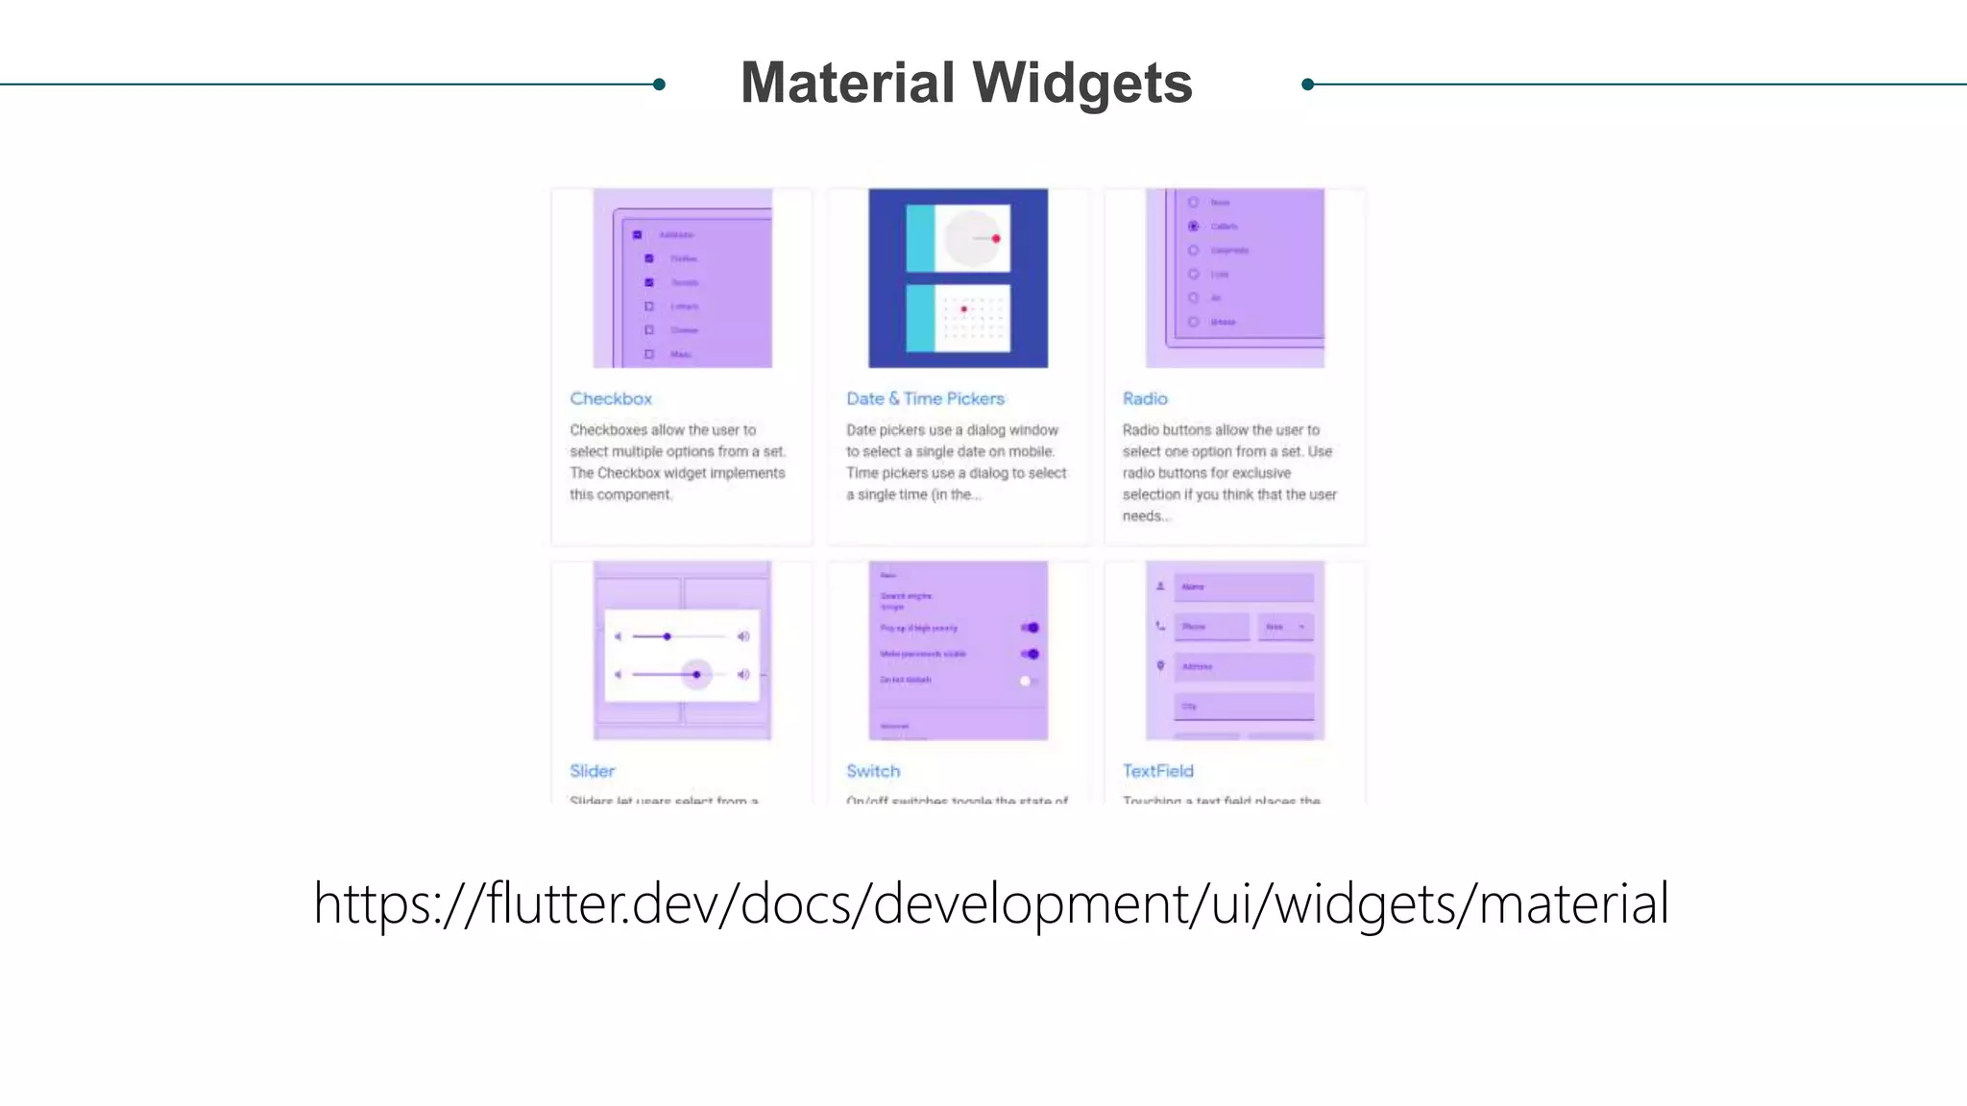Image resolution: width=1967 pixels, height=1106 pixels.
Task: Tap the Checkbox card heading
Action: pos(611,398)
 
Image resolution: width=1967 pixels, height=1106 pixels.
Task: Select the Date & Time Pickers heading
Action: pos(925,398)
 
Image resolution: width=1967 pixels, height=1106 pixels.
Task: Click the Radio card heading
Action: pos(1145,398)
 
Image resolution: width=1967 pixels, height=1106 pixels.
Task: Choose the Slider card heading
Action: pos(592,771)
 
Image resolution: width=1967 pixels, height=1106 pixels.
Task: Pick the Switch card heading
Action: pos(873,771)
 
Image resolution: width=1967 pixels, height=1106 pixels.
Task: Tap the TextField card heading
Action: pos(1157,771)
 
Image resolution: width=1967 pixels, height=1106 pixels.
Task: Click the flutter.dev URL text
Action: pos(991,903)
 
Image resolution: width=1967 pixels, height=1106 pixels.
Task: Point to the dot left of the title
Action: pos(659,84)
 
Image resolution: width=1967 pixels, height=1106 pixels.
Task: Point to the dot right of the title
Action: pos(1307,84)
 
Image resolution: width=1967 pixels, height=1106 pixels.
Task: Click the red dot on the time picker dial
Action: pos(996,238)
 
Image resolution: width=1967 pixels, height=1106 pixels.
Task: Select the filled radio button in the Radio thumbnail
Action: pos(1193,227)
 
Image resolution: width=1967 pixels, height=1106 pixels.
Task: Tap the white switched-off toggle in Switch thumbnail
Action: pos(1026,681)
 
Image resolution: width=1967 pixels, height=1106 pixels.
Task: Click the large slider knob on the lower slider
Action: pos(696,674)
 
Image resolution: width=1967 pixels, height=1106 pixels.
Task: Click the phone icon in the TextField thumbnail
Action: pos(1160,626)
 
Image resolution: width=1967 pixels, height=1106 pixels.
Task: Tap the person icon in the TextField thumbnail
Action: pos(1160,586)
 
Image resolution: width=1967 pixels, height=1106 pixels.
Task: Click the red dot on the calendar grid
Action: pos(963,309)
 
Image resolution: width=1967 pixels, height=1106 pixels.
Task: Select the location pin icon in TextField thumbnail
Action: pos(1160,665)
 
